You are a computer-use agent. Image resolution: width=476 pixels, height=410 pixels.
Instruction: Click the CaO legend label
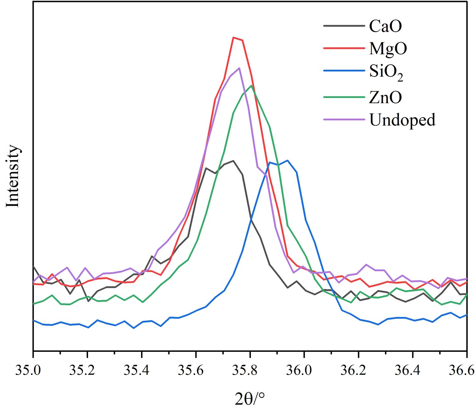[385, 26]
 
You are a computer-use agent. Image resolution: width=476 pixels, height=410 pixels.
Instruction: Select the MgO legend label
[388, 49]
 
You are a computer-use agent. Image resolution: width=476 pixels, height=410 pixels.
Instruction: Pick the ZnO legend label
[385, 97]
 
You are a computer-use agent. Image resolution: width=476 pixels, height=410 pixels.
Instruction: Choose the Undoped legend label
[402, 120]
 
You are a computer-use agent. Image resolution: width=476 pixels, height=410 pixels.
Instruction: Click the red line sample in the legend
[344, 48]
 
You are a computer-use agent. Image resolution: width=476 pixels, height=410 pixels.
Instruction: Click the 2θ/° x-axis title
[250, 399]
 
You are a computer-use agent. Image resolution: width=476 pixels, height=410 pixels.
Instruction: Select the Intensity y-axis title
[13, 176]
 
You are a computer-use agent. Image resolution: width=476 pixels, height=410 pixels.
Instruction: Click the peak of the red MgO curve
[234, 38]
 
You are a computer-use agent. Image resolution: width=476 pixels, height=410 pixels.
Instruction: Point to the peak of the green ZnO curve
[251, 85]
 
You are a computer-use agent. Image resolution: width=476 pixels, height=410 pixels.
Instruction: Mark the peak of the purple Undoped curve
[239, 68]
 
